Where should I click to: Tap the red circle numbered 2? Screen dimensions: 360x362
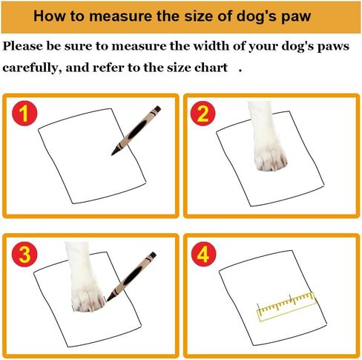[x=203, y=115]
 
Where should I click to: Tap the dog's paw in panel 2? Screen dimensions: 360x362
[x=269, y=138]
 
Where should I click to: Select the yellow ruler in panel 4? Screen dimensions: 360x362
[x=286, y=305]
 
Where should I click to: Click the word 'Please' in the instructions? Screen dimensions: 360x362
[x=25, y=47]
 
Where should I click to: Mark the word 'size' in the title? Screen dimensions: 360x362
[x=192, y=16]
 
